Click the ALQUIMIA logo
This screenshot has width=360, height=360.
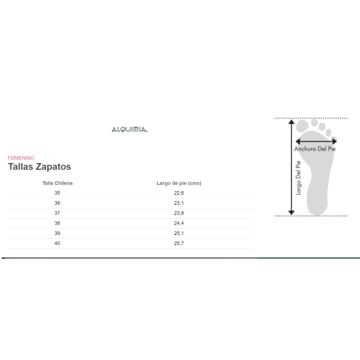130,130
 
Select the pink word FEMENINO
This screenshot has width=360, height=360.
21,158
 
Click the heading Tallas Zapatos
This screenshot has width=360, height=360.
39,167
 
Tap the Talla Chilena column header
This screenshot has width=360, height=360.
57,183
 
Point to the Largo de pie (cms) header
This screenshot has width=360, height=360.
179,183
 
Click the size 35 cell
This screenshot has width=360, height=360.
57,193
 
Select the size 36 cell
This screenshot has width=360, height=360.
57,203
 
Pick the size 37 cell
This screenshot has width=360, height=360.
57,213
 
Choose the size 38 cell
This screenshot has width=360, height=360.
57,223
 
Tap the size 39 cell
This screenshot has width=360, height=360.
57,233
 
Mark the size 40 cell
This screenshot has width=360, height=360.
57,243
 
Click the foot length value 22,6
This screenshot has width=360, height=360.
179,193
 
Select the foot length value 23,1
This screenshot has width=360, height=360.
179,203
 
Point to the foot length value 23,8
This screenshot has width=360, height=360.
179,213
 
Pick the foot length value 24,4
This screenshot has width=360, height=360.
179,223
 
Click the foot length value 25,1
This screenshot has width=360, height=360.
179,233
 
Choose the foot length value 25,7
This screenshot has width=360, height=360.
179,243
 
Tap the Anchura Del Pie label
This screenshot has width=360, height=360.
315,149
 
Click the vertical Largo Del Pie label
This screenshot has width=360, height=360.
298,177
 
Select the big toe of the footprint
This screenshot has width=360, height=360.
304,126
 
